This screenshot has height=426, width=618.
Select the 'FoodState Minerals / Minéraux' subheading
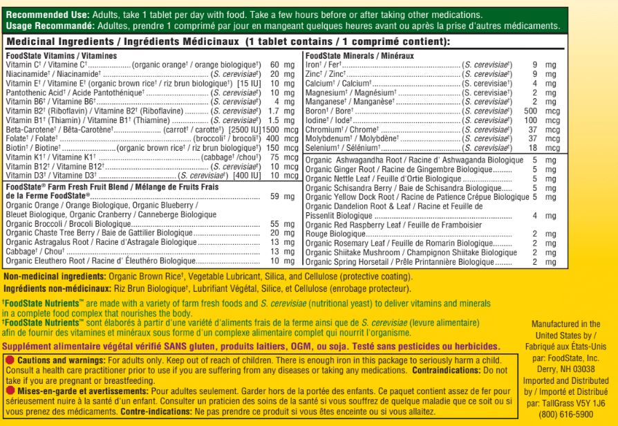(360, 55)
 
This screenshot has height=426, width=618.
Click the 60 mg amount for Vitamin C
(278, 64)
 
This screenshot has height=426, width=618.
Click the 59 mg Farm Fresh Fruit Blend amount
(278, 196)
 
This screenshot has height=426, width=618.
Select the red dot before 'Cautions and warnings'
(10, 361)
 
